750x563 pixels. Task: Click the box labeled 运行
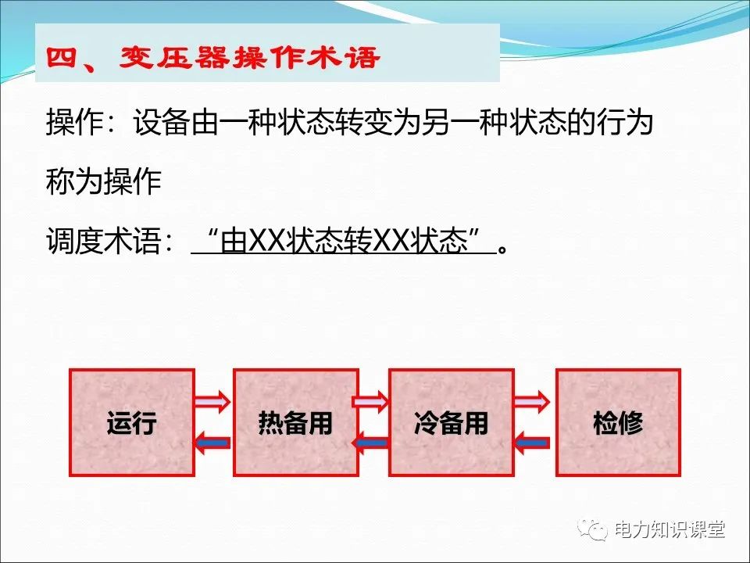(x=131, y=423)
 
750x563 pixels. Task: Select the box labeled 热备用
(x=295, y=423)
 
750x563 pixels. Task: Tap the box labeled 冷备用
(x=451, y=423)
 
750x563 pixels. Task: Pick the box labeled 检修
(x=617, y=423)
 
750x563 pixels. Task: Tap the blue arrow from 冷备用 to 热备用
(x=372, y=443)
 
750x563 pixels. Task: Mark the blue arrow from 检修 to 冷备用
(x=534, y=443)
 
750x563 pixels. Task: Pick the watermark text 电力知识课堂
(x=670, y=529)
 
